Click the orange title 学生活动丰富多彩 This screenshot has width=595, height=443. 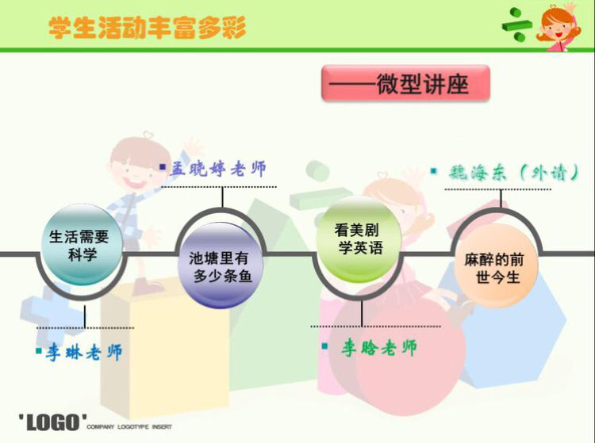(x=148, y=27)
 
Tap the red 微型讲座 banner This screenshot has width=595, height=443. (x=405, y=83)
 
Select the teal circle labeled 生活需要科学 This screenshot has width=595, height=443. (x=81, y=244)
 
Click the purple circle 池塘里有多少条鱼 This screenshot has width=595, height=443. (x=221, y=265)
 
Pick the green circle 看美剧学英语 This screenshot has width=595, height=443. (x=359, y=239)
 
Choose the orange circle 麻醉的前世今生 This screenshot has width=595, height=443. (x=497, y=265)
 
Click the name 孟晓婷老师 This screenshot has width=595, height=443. (x=218, y=169)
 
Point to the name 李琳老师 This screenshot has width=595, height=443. (x=84, y=353)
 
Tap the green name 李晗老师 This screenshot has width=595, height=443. (x=378, y=347)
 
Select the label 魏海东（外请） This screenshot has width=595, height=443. (x=514, y=173)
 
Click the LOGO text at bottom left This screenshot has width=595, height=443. (x=52, y=422)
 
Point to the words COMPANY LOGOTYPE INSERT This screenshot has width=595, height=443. (x=129, y=426)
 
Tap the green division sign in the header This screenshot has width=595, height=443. (x=516, y=25)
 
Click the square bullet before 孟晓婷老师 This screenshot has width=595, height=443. (x=163, y=166)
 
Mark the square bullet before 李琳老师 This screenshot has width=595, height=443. (x=39, y=350)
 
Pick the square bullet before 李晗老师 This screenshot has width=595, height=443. (x=324, y=346)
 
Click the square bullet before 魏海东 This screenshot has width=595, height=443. (x=434, y=171)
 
